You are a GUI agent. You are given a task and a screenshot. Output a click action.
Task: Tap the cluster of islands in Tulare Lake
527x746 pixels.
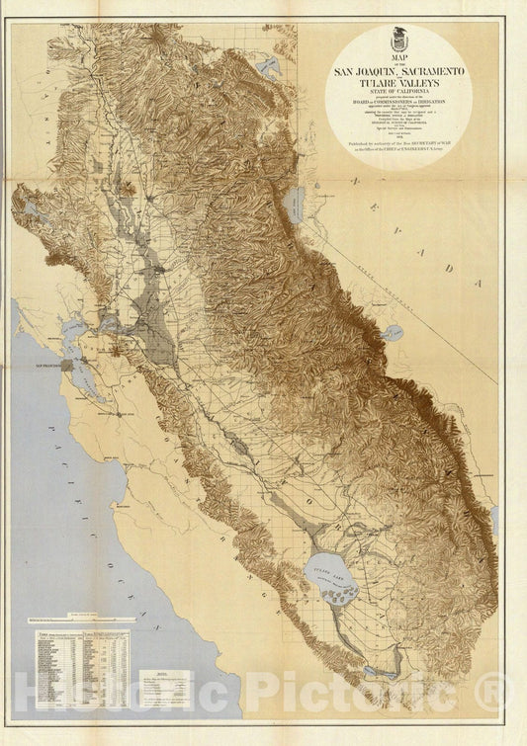[345, 595]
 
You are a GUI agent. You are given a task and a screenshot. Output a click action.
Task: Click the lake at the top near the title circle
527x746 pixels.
[268, 67]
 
